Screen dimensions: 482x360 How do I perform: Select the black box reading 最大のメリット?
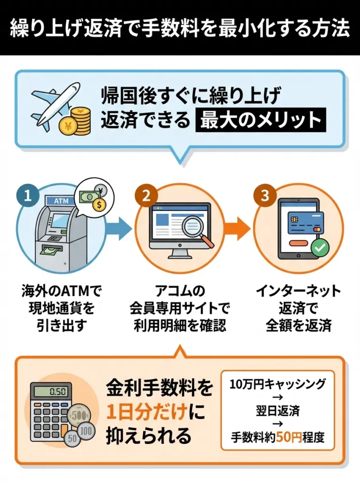(x=260, y=120)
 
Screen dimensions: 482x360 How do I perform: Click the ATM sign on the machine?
(x=61, y=201)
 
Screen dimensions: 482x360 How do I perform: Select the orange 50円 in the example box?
(x=288, y=437)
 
